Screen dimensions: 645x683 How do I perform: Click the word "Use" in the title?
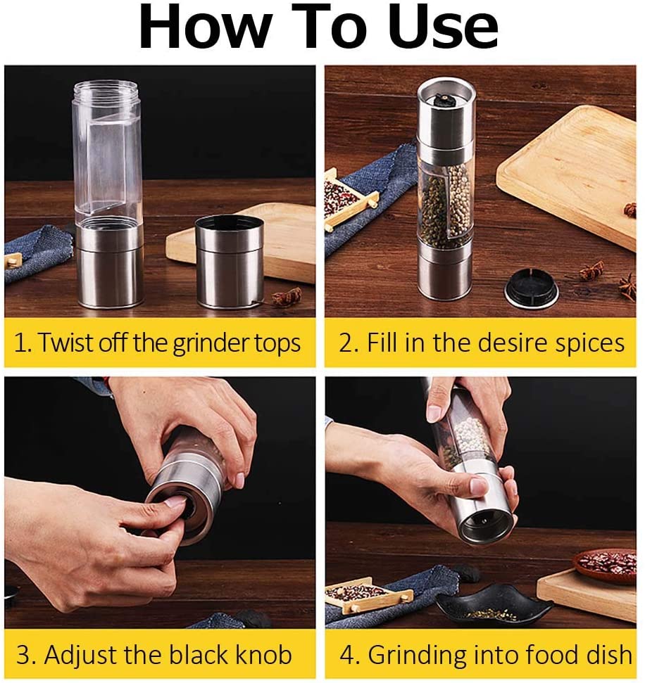pyautogui.click(x=443, y=27)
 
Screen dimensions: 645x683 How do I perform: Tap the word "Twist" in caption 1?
pyautogui.click(x=67, y=343)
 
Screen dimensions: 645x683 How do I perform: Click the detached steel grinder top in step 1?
pyautogui.click(x=230, y=262)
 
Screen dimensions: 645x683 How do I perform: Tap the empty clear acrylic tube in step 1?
pyautogui.click(x=107, y=152)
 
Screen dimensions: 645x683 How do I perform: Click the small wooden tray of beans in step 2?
pyautogui.click(x=349, y=199)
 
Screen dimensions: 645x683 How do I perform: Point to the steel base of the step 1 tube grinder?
pyautogui.click(x=110, y=267)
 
